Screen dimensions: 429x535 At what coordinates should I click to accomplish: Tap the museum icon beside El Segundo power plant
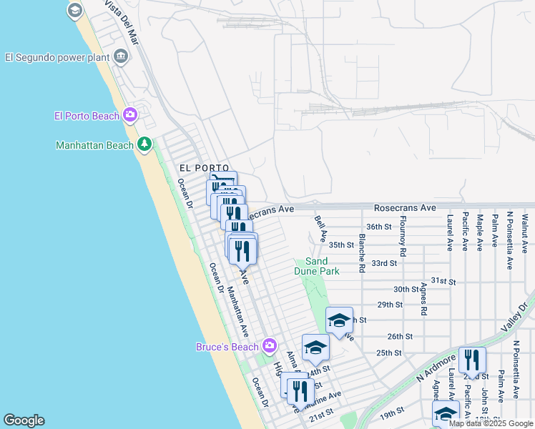tap(120, 56)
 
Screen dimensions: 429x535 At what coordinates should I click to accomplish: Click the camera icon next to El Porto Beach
tap(129, 114)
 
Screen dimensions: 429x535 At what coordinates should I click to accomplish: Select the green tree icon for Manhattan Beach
tap(144, 144)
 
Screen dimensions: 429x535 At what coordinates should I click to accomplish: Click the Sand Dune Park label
tap(317, 266)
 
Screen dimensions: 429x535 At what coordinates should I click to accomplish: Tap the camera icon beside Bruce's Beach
tap(269, 347)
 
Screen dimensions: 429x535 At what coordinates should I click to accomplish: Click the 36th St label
tap(381, 227)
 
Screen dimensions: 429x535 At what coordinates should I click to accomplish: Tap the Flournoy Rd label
tap(404, 236)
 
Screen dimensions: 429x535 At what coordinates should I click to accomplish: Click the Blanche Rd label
tap(363, 253)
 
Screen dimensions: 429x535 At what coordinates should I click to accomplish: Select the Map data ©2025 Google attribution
tap(491, 423)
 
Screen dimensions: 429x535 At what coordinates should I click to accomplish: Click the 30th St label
tap(406, 289)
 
